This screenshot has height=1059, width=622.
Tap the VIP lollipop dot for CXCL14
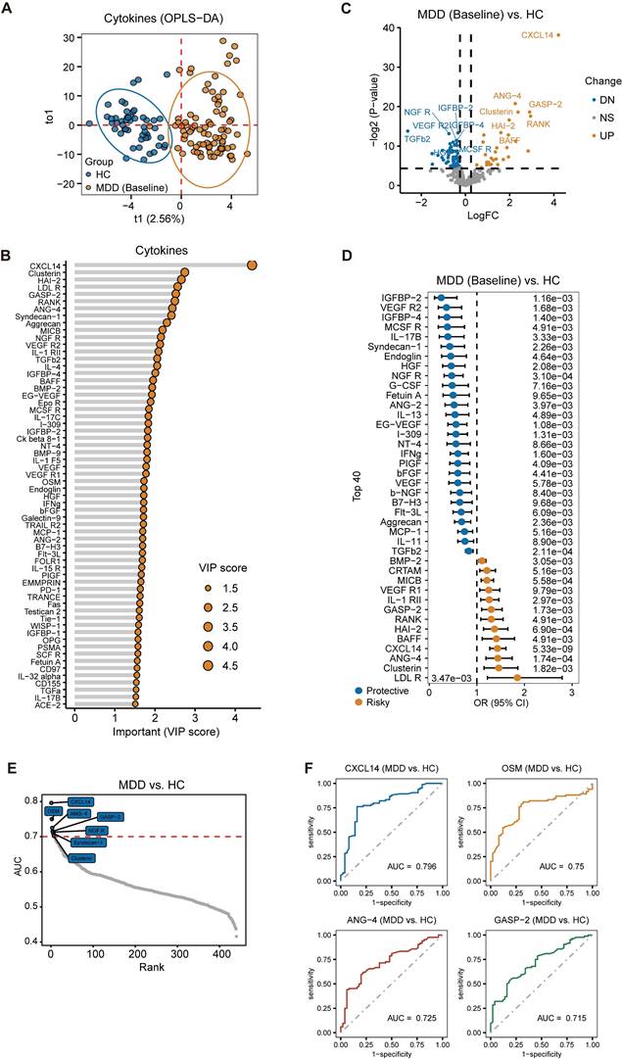(x=253, y=265)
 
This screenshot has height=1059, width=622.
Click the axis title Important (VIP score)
(x=164, y=732)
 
